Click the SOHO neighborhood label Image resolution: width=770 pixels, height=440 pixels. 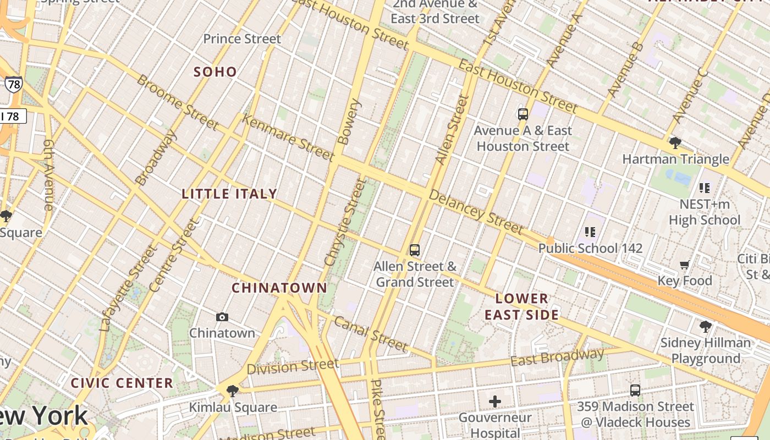point(215,71)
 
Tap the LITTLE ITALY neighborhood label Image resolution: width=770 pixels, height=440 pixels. point(229,194)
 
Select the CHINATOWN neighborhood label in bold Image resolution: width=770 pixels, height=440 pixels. point(279,288)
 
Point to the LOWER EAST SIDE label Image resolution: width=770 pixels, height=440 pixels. point(522,307)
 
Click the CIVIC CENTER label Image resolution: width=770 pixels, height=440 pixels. point(122,383)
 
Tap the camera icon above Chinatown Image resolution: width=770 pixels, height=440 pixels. point(222,317)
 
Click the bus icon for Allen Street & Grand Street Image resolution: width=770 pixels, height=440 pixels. point(415,250)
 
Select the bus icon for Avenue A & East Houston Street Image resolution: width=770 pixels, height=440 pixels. point(522,114)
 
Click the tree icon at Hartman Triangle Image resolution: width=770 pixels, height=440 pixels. point(675,143)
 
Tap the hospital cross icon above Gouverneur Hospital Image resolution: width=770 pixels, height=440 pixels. point(495,402)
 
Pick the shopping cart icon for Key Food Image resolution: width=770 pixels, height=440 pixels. point(685,265)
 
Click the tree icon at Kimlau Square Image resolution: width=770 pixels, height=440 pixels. point(233,391)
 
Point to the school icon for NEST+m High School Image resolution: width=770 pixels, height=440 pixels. point(705,188)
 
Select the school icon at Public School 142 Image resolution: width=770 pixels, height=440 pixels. point(590,232)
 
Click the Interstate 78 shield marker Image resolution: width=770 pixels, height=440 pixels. point(13,84)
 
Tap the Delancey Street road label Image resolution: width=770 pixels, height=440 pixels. point(475,212)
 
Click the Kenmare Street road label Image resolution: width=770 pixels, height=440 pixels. point(288,137)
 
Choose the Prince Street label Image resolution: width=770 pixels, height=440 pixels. point(242,39)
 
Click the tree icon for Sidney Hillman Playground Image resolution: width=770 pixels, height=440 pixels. point(705,327)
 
